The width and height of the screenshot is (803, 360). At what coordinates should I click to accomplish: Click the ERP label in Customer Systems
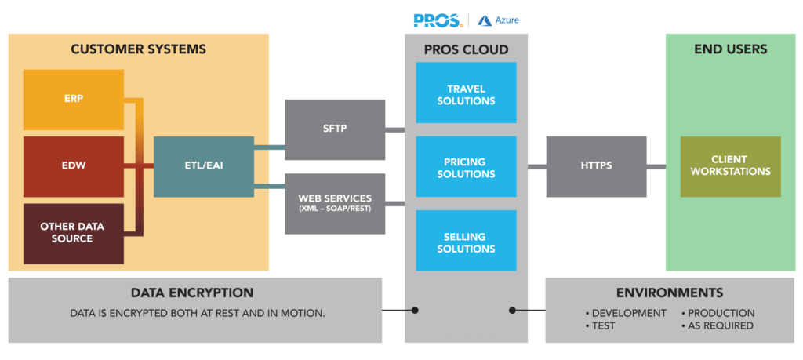[74, 99]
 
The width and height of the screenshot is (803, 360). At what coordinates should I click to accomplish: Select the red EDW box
[74, 166]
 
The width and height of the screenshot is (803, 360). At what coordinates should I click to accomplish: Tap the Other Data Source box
[73, 233]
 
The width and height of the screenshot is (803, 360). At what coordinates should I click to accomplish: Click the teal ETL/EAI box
[203, 166]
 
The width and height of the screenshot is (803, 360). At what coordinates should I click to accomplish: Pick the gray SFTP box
[335, 129]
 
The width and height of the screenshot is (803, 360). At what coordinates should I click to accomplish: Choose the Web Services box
[335, 203]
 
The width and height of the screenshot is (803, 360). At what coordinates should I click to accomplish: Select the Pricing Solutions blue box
[466, 167]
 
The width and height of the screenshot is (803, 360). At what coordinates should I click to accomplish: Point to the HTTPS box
[597, 166]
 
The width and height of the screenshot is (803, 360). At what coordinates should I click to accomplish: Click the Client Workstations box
[730, 166]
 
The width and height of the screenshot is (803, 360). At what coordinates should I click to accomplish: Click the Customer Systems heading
[138, 49]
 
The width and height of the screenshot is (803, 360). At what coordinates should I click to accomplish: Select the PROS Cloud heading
[466, 50]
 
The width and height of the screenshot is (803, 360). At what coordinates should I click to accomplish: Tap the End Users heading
[730, 49]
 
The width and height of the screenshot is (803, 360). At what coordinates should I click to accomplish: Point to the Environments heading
[670, 293]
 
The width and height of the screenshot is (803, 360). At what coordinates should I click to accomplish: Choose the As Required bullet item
[719, 325]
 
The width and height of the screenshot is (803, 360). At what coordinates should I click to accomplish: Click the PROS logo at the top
[438, 20]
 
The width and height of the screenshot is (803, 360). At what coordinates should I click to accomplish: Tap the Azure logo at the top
[498, 20]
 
